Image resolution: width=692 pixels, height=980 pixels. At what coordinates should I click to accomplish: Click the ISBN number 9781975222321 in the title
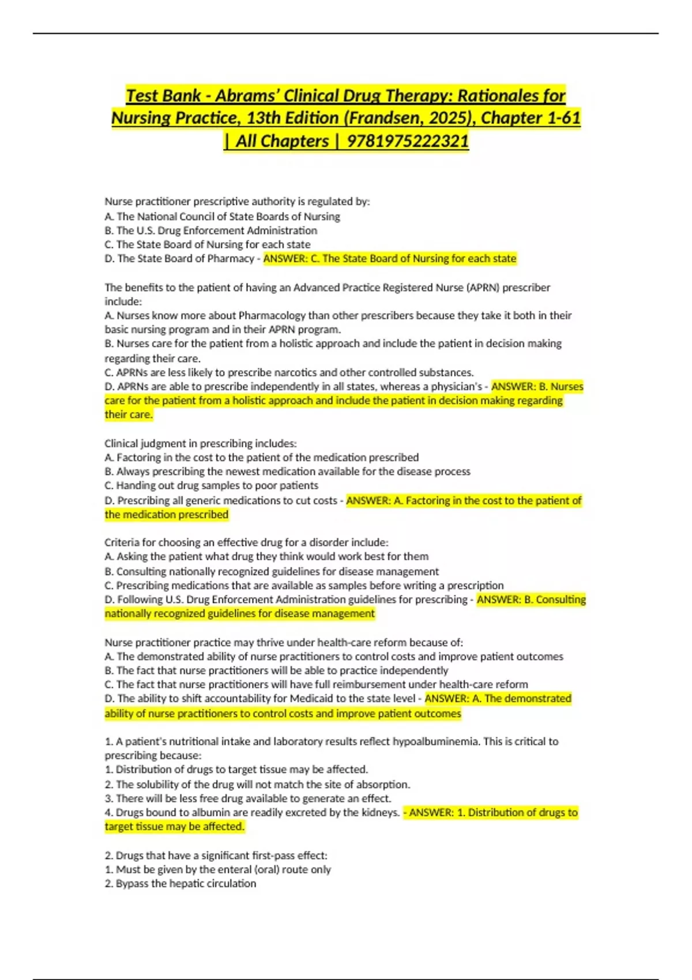[408, 141]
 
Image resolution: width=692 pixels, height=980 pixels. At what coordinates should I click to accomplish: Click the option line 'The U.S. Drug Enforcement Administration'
[211, 231]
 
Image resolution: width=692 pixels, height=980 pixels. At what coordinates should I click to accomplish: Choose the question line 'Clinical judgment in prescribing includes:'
[201, 443]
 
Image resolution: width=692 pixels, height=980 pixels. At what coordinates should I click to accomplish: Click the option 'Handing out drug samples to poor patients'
[212, 485]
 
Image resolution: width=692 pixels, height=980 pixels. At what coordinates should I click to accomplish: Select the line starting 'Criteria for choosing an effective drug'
[246, 542]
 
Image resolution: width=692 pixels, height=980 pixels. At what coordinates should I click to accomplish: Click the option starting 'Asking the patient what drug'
[266, 556]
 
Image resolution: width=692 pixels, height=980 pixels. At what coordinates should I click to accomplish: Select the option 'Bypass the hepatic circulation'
[180, 884]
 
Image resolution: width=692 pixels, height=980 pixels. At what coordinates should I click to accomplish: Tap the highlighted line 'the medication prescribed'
[167, 514]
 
